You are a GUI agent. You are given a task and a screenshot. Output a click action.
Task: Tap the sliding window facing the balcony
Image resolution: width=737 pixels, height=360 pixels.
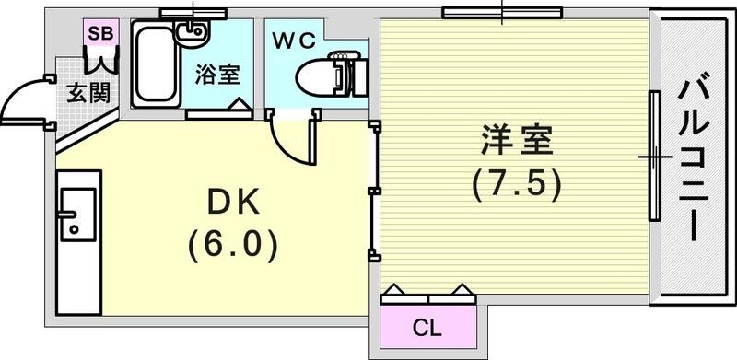[654, 157]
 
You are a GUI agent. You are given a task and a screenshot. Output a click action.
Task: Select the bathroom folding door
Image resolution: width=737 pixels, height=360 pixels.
[219, 111]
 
